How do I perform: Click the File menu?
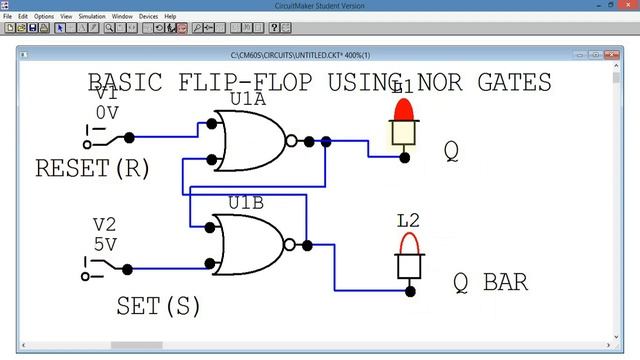[8, 17]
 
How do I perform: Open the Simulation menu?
[92, 17]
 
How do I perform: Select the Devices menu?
[148, 17]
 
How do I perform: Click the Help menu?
[170, 17]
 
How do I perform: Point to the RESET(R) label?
[92, 169]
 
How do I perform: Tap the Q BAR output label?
[490, 282]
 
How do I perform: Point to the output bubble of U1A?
[291, 141]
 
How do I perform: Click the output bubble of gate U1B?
[290, 245]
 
